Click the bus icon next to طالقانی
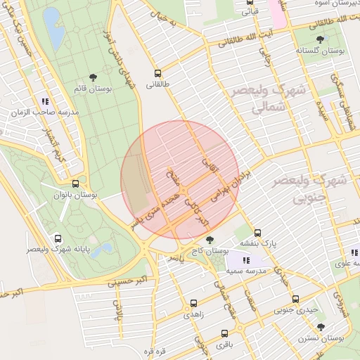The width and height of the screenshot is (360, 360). (x=158, y=72)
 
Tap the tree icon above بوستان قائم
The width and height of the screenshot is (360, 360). (x=93, y=77)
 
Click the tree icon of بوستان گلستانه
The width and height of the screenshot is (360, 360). (x=321, y=39)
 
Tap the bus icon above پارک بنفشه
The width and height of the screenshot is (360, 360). (x=257, y=232)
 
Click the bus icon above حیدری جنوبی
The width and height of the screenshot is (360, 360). (x=295, y=298)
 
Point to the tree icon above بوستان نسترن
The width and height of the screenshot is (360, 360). (x=321, y=327)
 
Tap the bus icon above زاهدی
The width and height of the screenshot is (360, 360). (x=193, y=304)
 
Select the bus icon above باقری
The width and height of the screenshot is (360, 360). (x=224, y=333)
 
